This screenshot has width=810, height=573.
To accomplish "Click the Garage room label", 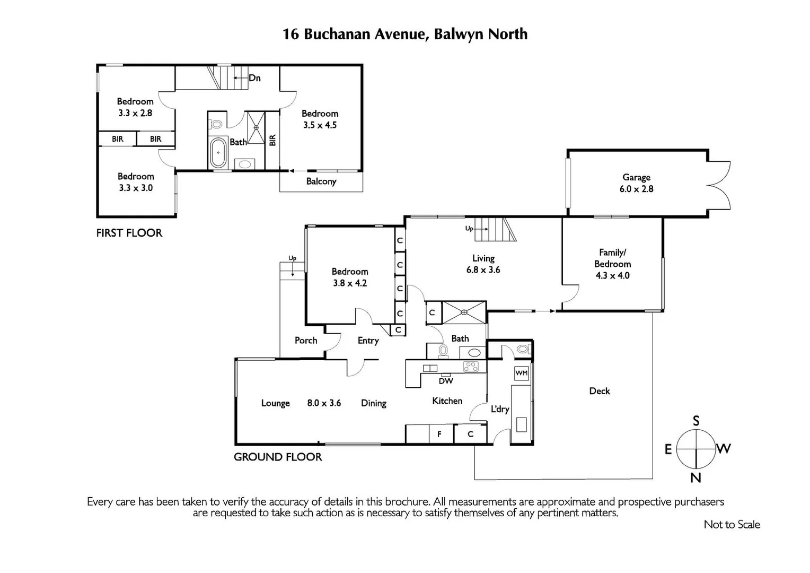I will click(636, 177).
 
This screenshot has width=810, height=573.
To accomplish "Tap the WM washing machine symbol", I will click(521, 373).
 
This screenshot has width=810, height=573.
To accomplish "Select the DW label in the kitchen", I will click(446, 381).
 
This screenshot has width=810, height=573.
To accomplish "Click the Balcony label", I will click(321, 181).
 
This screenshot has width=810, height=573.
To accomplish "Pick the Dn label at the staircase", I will click(254, 78).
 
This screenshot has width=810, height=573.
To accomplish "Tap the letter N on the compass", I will click(695, 477).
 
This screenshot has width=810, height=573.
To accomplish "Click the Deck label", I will click(600, 391).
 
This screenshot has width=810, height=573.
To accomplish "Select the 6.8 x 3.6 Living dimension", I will click(483, 270).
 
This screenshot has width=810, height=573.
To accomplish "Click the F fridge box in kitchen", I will click(439, 434).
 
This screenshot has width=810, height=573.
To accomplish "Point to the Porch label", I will click(306, 341).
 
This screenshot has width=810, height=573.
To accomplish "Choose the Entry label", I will click(368, 341).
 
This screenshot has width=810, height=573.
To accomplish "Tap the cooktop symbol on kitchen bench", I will click(471, 366).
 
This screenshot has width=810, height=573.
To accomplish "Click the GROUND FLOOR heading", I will click(278, 457).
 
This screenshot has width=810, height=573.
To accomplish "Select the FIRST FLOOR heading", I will click(129, 233).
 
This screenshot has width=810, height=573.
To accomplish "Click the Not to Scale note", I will click(732, 524).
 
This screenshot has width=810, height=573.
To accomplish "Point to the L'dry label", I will click(500, 409).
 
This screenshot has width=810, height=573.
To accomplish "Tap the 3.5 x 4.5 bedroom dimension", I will click(320, 125).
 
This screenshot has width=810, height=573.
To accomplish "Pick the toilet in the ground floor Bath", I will click(443, 350).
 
